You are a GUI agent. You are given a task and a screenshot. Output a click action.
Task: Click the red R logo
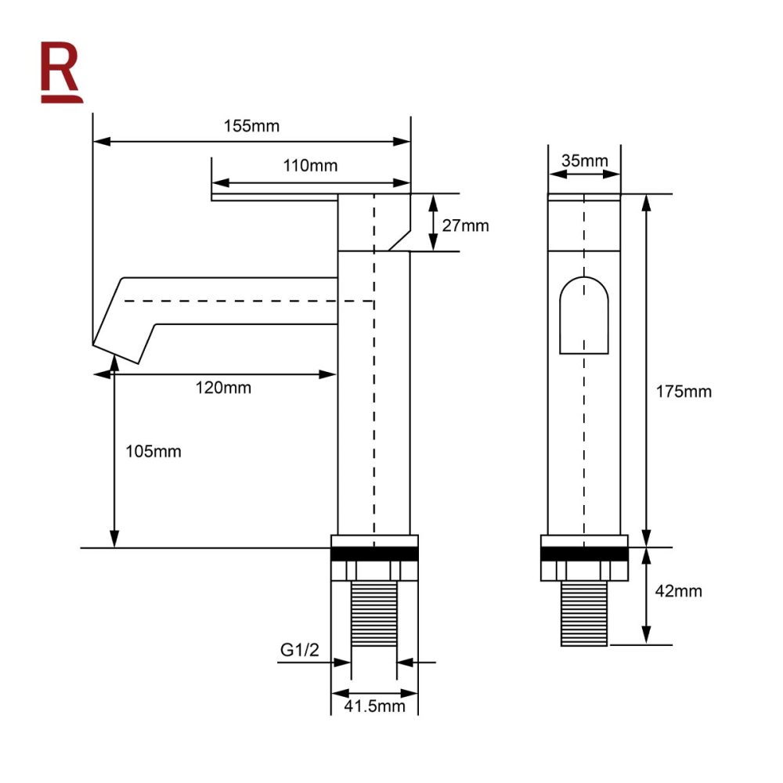click(61, 72)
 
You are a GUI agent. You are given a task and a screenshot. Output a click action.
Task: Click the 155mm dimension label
click(251, 126)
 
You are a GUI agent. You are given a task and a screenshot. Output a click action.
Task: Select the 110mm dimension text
click(310, 165)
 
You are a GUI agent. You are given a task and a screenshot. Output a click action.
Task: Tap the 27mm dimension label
click(465, 226)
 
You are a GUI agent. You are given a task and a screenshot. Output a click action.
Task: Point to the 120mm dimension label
click(222, 388)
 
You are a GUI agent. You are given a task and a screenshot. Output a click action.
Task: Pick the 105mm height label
click(153, 452)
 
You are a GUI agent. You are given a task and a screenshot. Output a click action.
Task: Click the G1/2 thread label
click(299, 650)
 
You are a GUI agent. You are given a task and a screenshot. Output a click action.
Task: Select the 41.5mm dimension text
click(374, 705)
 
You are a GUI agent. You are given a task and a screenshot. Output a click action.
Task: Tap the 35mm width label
click(584, 161)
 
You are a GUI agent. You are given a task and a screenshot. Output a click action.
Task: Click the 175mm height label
click(684, 391)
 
